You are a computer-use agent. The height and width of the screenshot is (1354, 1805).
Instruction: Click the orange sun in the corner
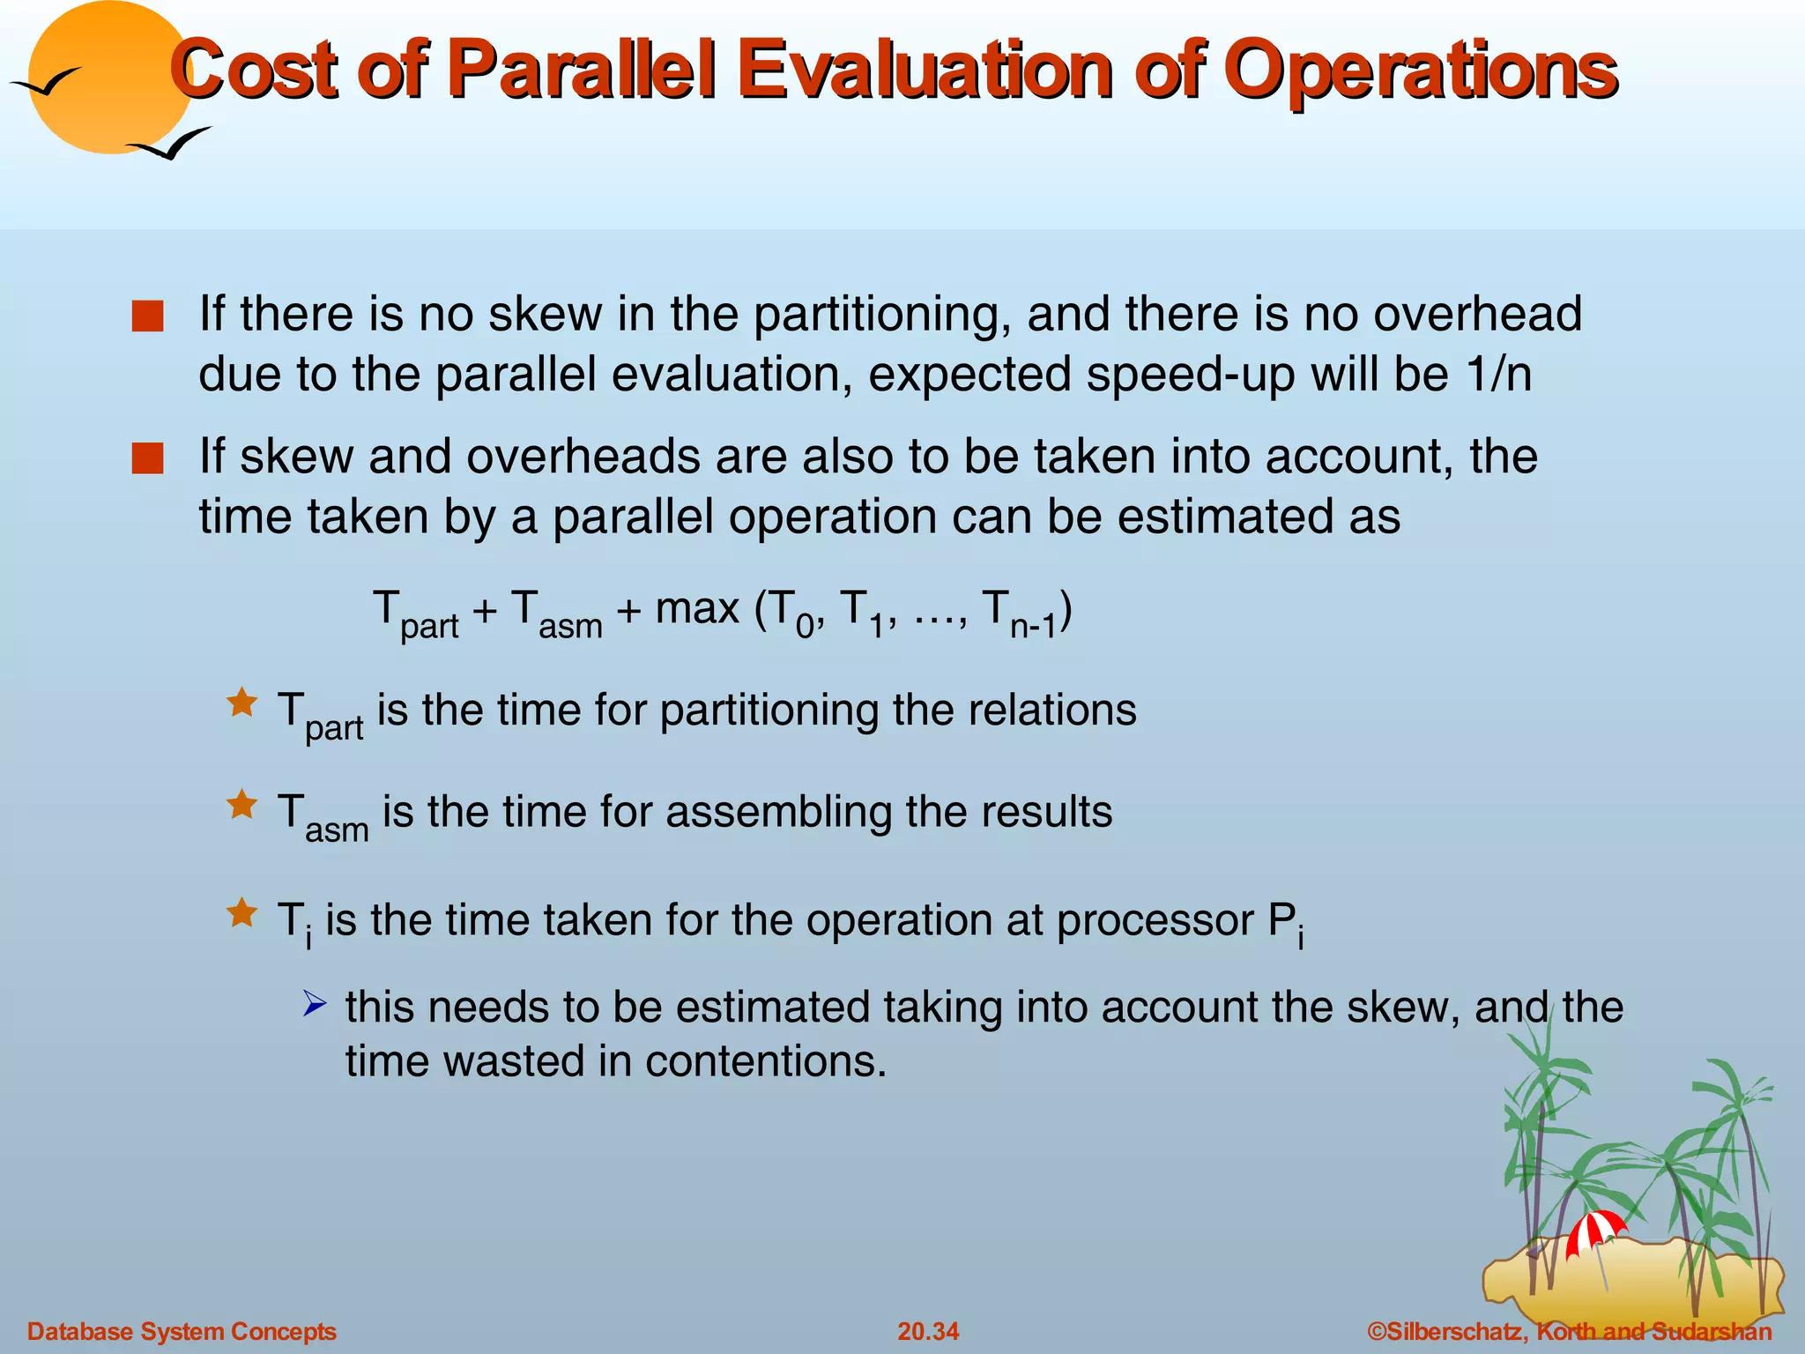(110, 75)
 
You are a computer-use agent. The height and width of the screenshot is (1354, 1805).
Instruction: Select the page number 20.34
(928, 1331)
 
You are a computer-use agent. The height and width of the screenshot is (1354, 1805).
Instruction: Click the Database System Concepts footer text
(182, 1331)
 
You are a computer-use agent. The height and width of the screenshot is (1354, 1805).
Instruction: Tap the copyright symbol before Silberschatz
(1376, 1331)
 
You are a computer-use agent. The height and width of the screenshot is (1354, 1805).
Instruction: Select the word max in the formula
(696, 608)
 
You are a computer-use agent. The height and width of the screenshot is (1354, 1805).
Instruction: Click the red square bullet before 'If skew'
(147, 458)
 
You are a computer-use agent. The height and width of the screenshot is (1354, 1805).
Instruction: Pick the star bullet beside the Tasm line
(241, 805)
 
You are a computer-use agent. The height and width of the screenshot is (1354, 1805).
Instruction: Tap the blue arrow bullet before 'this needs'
(315, 1003)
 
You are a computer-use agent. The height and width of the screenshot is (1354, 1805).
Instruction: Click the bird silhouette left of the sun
(46, 82)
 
